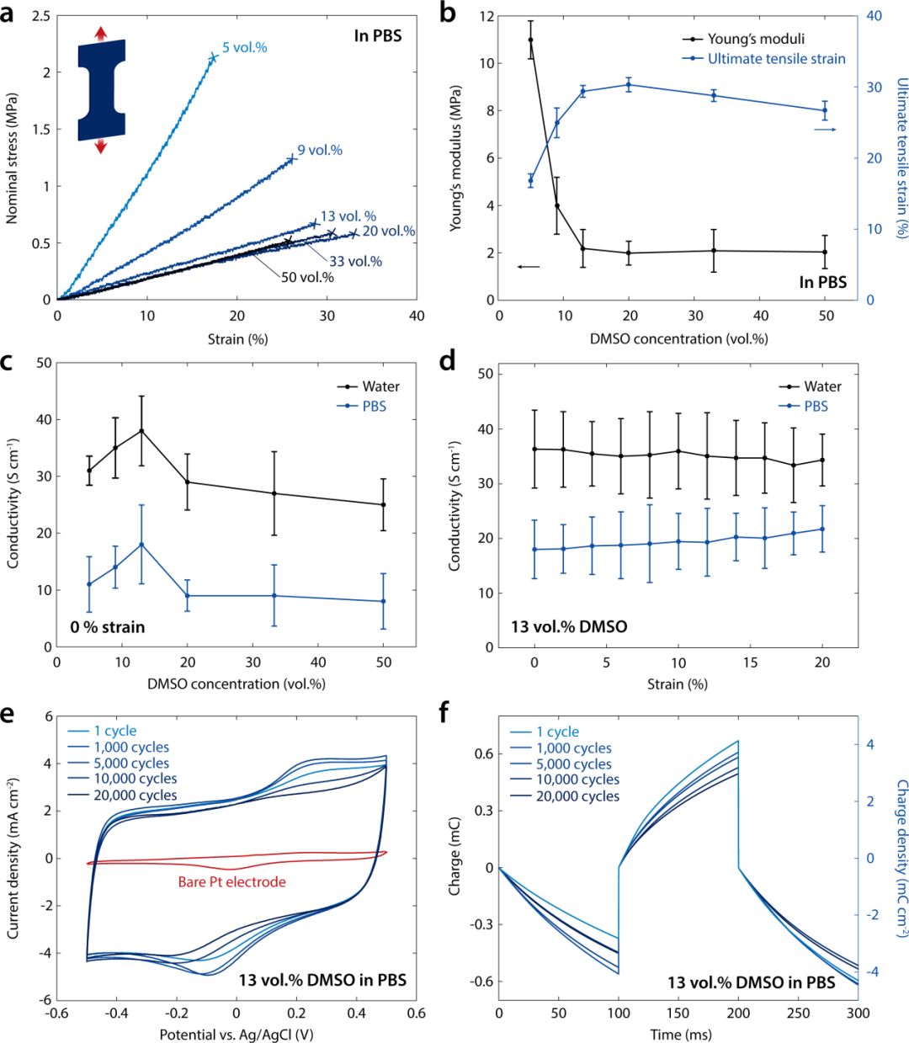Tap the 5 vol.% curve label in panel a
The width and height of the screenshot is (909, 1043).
point(245,48)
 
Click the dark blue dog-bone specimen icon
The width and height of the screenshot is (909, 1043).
point(101,89)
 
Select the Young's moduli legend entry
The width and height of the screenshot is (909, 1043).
point(756,39)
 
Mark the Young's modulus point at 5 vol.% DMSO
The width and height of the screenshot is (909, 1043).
point(530,40)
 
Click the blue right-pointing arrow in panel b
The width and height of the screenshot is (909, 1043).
point(826,130)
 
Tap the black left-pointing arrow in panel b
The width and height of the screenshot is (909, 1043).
point(529,267)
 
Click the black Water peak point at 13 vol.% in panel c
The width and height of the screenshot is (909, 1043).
point(141,430)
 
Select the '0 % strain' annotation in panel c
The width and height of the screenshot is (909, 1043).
point(109,627)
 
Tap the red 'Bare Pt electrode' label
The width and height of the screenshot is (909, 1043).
point(232,882)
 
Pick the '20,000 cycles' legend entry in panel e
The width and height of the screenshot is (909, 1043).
point(136,796)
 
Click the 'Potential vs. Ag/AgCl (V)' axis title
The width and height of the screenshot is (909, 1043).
point(237,1034)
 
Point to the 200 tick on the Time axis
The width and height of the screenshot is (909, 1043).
point(738,1010)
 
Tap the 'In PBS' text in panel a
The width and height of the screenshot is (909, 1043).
point(377,36)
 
